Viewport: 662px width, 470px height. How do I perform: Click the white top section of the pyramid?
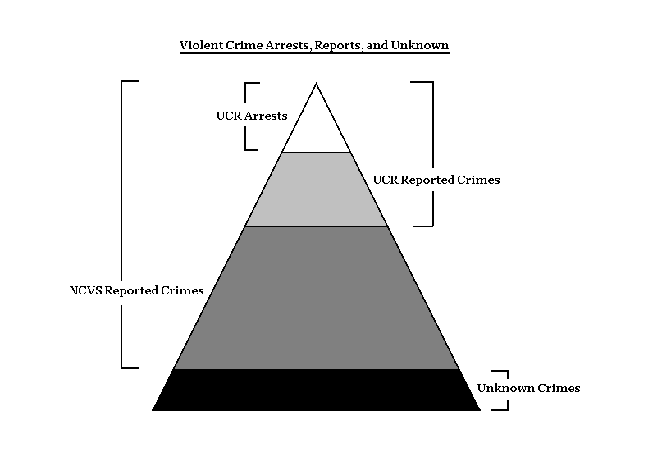click(317, 127)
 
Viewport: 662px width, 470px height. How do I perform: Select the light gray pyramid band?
click(317, 189)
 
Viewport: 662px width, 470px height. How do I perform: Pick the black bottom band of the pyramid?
click(317, 390)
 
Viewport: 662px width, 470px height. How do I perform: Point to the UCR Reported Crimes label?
click(436, 179)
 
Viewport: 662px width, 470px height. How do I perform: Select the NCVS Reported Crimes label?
click(136, 290)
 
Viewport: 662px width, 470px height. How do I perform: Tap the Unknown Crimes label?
click(528, 388)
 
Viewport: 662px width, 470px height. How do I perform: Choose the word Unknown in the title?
click(421, 46)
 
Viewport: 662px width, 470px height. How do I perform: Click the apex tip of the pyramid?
click(317, 83)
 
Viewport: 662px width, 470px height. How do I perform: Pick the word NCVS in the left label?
click(85, 290)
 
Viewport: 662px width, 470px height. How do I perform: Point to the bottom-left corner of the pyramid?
click(154, 408)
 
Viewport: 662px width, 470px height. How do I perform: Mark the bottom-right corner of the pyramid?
click(479, 408)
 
